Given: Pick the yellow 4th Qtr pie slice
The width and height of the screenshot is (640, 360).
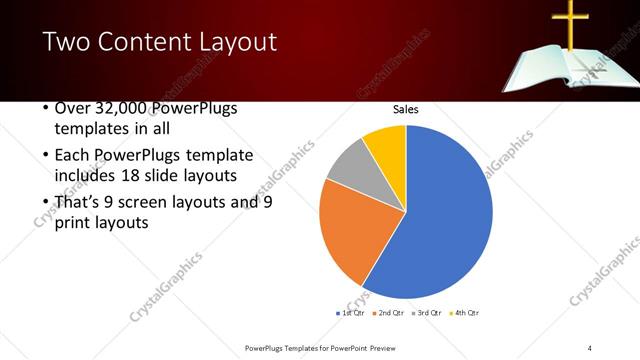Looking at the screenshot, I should point(386,143).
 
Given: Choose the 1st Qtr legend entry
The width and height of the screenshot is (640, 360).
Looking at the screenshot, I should point(350,313).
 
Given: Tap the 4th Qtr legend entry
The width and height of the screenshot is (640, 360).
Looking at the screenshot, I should point(462,313).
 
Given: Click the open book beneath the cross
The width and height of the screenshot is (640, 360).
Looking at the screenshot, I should point(560,68).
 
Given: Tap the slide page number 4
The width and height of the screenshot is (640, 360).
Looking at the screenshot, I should point(590,347).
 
